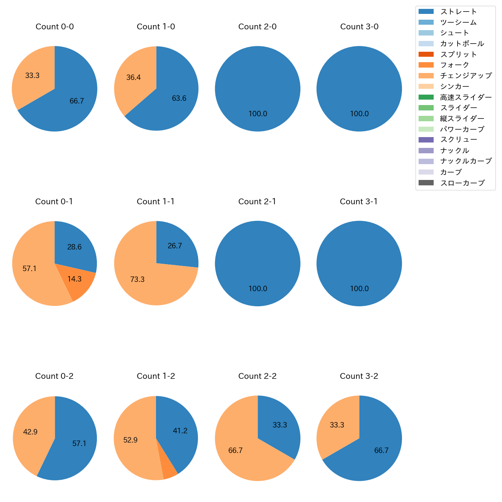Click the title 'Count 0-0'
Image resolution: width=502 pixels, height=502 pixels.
tap(54, 27)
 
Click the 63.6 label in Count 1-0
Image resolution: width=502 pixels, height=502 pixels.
tap(179, 98)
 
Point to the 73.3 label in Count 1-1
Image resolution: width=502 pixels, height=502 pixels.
tap(137, 279)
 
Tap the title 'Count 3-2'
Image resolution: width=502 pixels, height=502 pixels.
tap(359, 376)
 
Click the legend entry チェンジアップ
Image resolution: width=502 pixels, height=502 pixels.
tap(466, 76)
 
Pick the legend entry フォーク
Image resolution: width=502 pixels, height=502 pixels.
tap(455, 65)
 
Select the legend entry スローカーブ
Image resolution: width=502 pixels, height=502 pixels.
tap(462, 183)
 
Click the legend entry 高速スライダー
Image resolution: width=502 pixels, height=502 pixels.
tap(466, 97)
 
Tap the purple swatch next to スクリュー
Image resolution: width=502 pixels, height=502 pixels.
tap(426, 140)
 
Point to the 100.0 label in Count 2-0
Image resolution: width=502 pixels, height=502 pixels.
tap(258, 114)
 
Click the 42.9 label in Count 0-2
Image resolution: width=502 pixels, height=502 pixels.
tap(30, 432)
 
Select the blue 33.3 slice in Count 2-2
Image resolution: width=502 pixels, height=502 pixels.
tap(280, 425)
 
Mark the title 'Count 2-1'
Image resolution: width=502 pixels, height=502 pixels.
tap(257, 202)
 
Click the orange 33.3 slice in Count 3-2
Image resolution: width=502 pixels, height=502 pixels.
tap(337, 425)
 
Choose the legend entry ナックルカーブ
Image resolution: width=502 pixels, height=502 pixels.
tap(466, 161)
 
